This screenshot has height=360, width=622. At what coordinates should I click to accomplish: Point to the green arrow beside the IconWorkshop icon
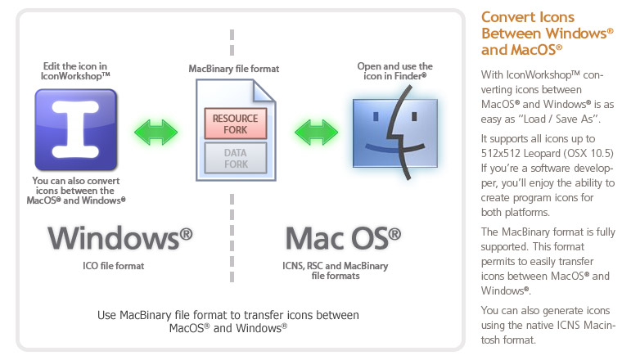coord(156,130)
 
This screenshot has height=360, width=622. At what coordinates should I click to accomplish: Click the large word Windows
coord(119,238)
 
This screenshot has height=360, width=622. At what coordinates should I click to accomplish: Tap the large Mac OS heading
coord(343,238)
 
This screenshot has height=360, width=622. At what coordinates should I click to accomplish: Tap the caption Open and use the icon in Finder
coord(395,70)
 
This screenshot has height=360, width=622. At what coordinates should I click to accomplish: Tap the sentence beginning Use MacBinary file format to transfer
coord(228,320)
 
